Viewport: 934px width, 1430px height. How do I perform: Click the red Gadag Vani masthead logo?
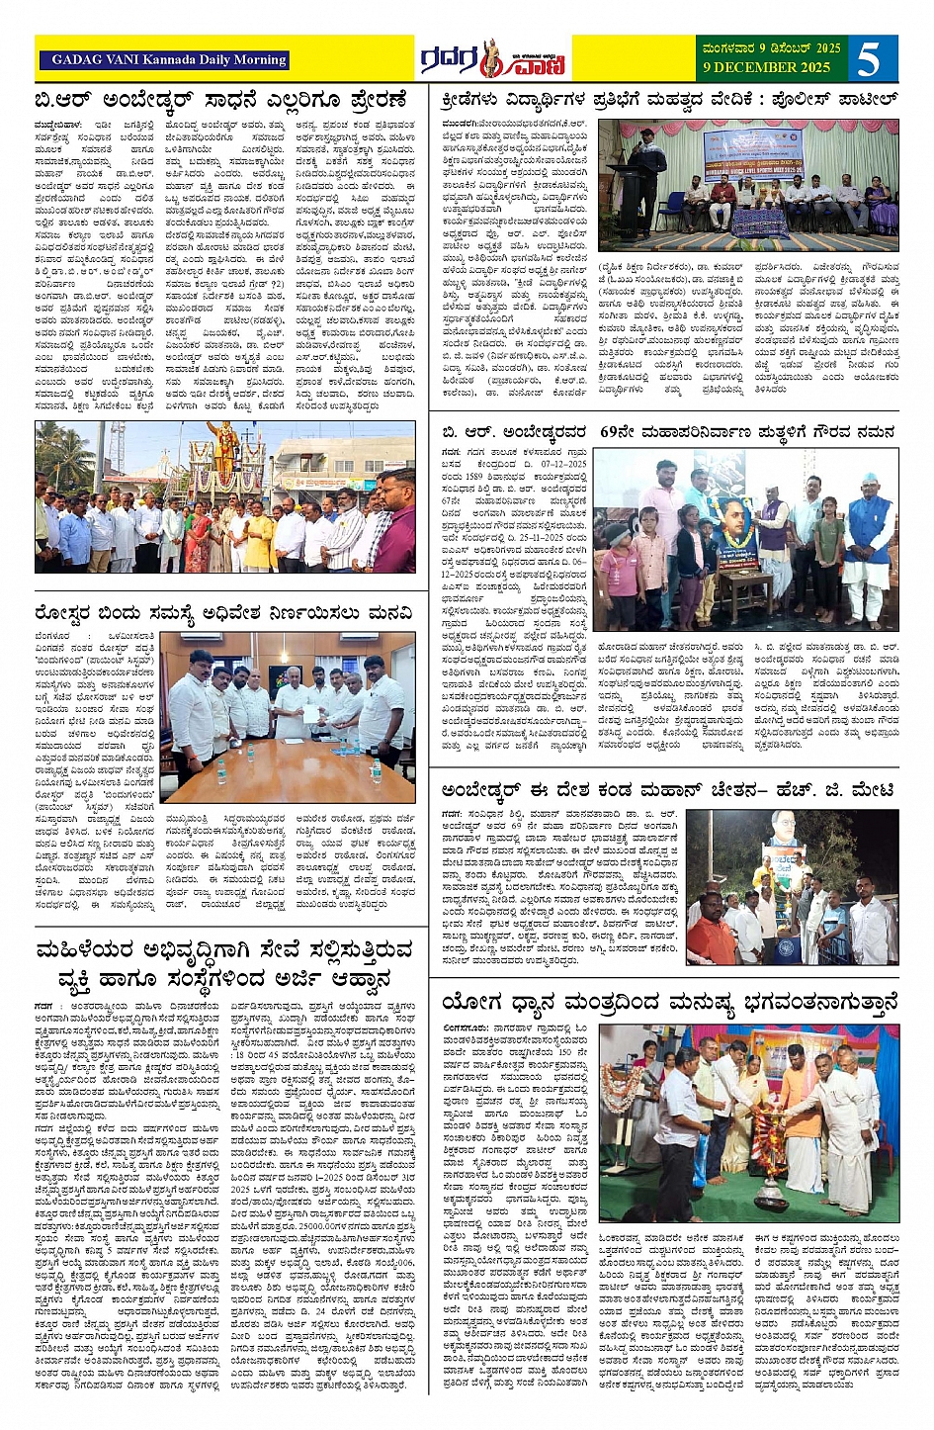492,59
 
